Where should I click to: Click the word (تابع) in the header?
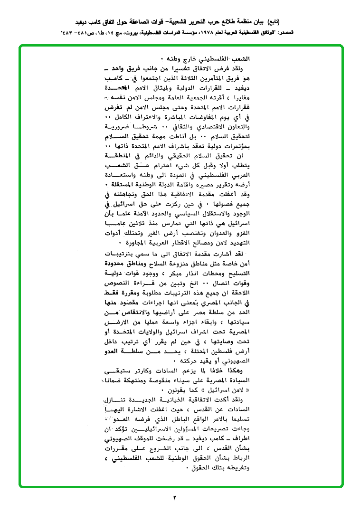click(x=273, y=21)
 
